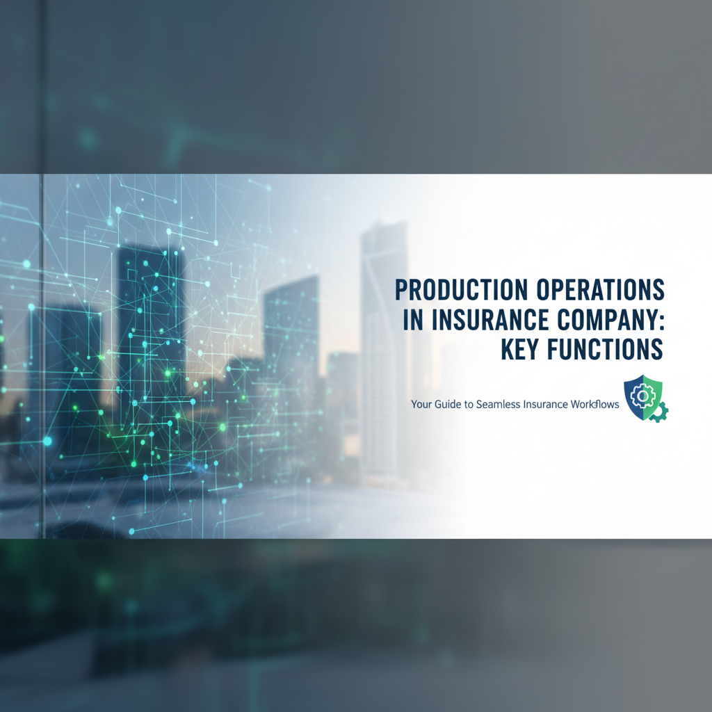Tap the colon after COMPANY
(x=661, y=321)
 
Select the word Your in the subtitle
(x=421, y=404)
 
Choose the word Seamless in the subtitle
(x=503, y=404)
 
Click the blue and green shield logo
(x=644, y=398)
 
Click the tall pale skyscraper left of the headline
(x=383, y=348)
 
